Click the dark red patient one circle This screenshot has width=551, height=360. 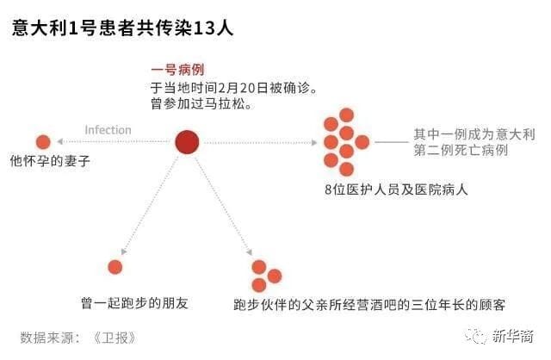187,142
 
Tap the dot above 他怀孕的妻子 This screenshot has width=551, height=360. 43,142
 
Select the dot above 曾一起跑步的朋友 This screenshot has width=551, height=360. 115,267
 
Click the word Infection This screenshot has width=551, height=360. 108,130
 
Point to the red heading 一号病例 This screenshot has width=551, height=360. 177,70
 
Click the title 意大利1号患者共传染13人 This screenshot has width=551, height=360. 122,28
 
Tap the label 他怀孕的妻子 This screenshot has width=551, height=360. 50,161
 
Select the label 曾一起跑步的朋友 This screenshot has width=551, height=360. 134,303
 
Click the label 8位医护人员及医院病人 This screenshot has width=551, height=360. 396,189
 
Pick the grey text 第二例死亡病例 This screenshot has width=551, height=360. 461,150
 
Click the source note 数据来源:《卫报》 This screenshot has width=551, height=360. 78,338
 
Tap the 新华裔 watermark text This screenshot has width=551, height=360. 513,337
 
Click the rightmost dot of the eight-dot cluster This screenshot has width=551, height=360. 362,142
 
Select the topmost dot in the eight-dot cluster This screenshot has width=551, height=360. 346,115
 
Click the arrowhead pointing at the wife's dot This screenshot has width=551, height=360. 60,141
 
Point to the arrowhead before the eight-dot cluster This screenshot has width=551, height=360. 314,142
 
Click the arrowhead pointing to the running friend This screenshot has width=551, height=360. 123,251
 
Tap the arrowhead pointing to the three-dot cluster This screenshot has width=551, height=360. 249,252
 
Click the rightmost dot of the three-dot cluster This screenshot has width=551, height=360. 275,276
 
